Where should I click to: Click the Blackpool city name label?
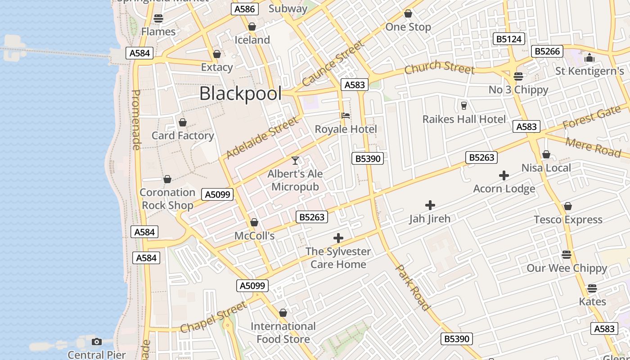(x=240, y=94)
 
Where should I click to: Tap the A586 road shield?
(x=245, y=9)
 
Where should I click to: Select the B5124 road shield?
(x=509, y=39)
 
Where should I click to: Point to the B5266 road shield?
(x=548, y=51)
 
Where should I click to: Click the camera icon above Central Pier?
(x=96, y=342)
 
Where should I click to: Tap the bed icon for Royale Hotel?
(x=346, y=116)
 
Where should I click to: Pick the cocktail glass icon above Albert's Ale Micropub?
(x=295, y=160)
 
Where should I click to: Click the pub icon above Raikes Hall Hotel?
(x=464, y=106)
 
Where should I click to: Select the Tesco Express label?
(x=568, y=220)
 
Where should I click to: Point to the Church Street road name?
(x=439, y=67)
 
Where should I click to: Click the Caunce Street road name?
(x=333, y=63)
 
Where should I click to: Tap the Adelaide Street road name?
(x=262, y=138)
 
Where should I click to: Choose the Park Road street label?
(x=412, y=288)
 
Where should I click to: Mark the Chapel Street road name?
(x=214, y=317)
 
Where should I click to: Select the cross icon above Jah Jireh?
(x=430, y=205)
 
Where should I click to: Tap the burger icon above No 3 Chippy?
(x=518, y=76)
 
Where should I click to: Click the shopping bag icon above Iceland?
(x=252, y=27)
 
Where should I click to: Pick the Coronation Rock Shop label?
(x=167, y=199)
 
